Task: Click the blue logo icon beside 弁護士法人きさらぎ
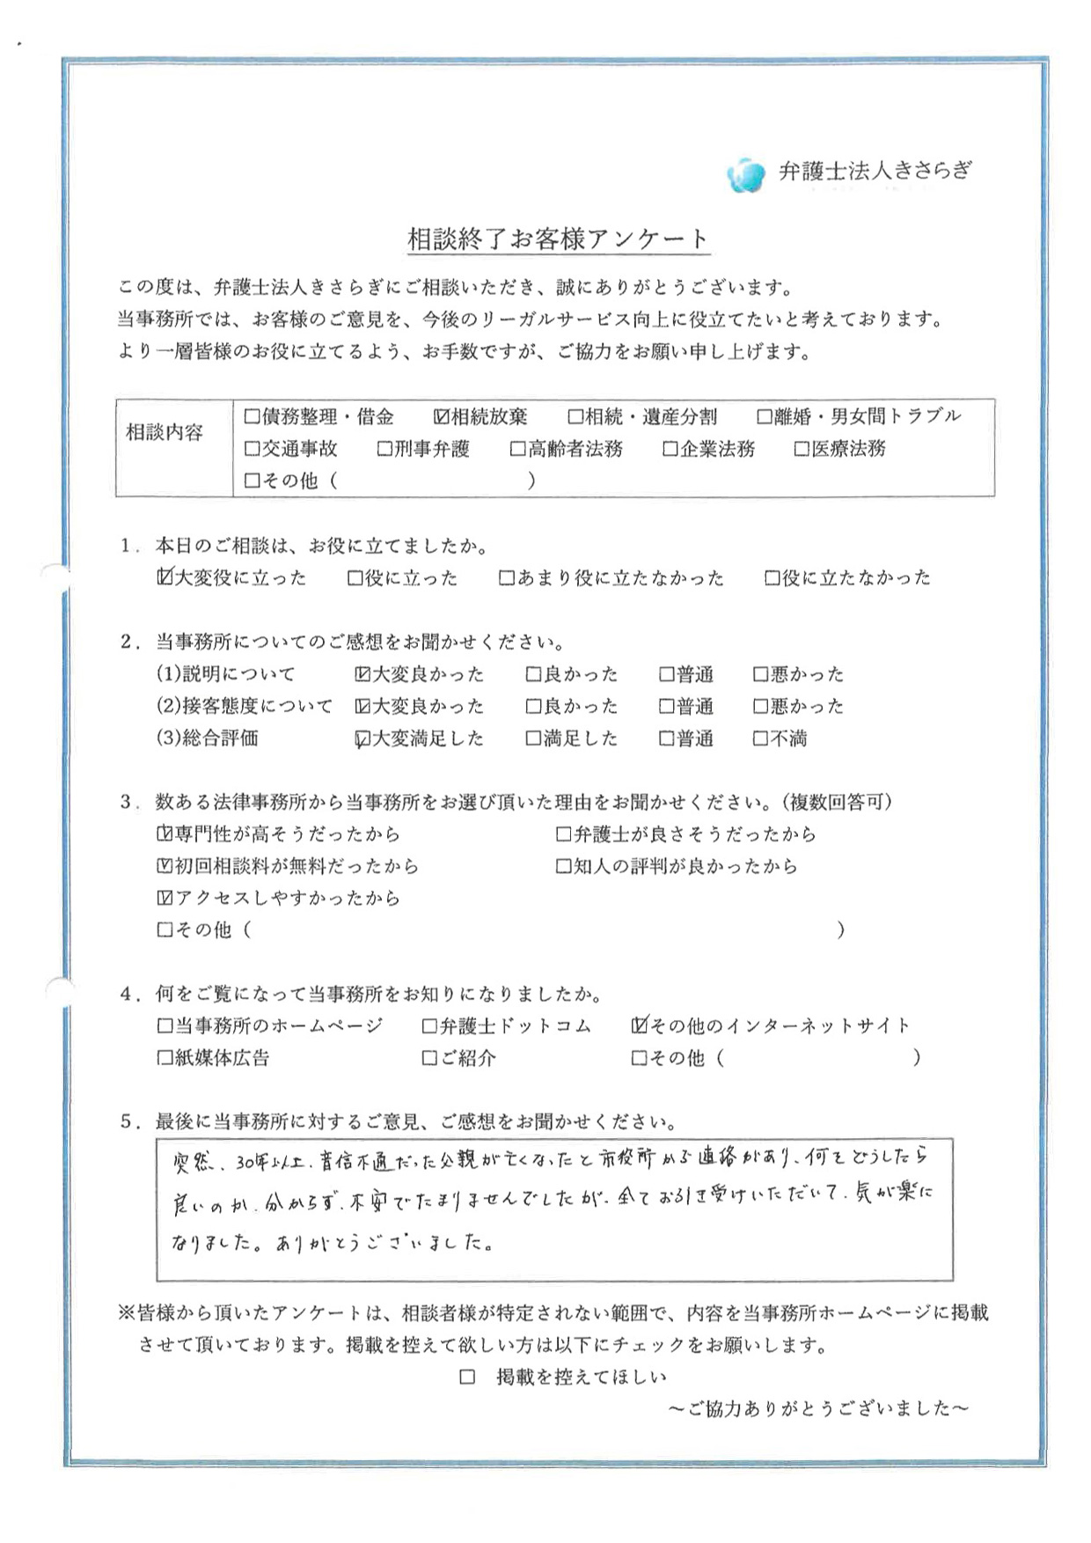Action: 746,174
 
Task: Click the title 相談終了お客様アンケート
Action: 558,239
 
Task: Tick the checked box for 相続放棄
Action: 442,417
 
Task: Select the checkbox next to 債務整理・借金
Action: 253,417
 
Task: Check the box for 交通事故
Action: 253,449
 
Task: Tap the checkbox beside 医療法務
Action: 802,449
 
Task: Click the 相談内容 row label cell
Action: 165,432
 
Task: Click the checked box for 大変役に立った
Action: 165,577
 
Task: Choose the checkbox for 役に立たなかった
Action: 772,578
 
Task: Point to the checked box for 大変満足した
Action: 362,739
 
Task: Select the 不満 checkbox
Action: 761,739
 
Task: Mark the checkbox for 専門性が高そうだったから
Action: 165,834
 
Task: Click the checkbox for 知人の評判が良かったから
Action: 564,867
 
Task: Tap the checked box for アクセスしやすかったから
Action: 165,899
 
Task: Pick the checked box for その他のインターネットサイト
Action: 640,1025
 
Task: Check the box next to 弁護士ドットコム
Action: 429,1026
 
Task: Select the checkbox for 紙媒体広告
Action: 165,1058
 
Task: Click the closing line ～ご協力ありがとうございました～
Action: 818,1409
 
